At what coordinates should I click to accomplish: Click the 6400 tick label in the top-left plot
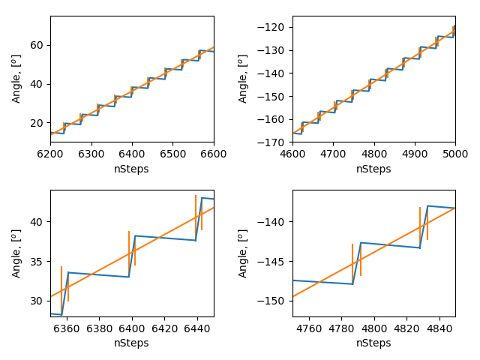[x=132, y=153]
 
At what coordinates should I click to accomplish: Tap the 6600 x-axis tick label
[x=214, y=153]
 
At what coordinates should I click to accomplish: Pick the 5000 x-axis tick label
[x=454, y=153]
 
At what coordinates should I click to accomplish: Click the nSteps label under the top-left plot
[x=131, y=169]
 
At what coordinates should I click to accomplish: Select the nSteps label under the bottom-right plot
[x=373, y=343]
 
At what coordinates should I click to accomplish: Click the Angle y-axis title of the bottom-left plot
[x=16, y=253]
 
